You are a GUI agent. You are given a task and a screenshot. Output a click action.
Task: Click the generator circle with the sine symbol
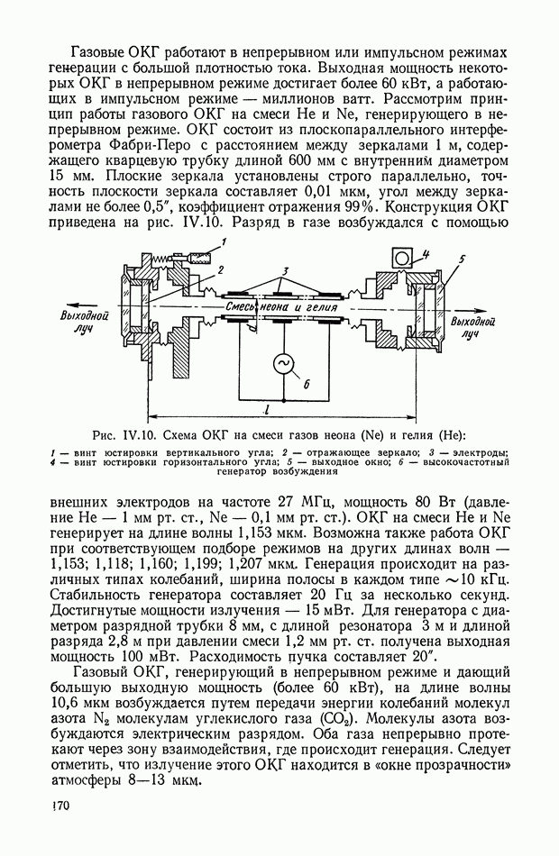[283, 363]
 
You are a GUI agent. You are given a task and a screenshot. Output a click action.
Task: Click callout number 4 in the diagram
[426, 253]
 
